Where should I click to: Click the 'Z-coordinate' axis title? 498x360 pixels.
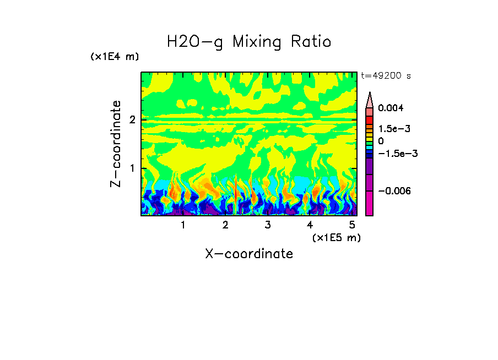click(116, 144)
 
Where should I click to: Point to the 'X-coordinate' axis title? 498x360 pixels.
click(249, 254)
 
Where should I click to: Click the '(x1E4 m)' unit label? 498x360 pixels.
click(115, 57)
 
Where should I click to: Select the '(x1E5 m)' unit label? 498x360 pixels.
click(336, 237)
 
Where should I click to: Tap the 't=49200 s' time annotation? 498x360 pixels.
click(386, 76)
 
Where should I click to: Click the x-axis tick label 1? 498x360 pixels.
click(183, 225)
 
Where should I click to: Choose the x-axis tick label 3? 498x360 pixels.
click(267, 225)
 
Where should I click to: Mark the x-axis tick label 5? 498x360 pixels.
click(351, 225)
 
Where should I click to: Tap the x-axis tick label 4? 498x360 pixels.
click(310, 225)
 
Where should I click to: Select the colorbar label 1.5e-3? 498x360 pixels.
click(391, 128)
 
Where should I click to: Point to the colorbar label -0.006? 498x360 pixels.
click(392, 190)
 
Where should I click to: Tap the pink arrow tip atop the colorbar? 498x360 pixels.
click(370, 99)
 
